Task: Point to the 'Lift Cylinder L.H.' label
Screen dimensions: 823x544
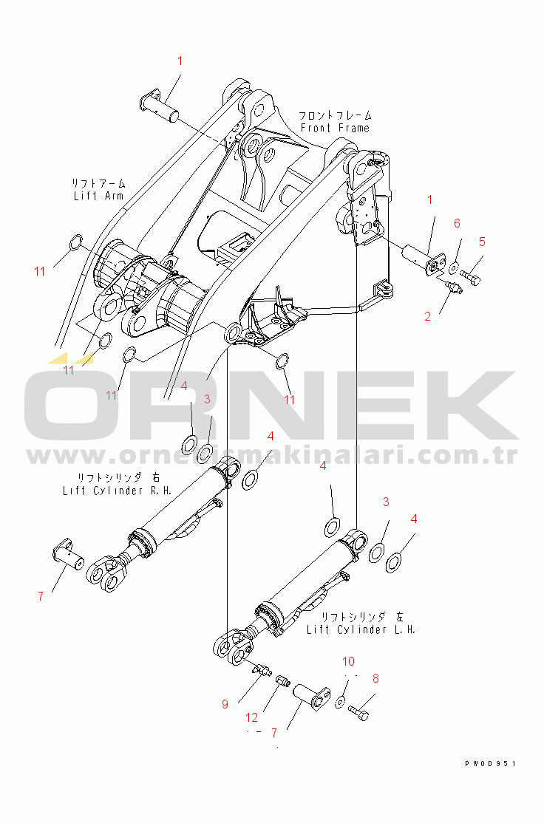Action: (x=361, y=629)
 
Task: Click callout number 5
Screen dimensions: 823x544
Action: (x=482, y=241)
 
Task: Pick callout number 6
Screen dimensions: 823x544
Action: (x=457, y=223)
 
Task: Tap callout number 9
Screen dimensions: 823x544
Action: (x=225, y=704)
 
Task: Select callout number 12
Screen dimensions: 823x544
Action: (x=253, y=717)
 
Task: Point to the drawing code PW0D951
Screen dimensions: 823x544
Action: (x=490, y=763)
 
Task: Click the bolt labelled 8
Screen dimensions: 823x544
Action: (x=358, y=713)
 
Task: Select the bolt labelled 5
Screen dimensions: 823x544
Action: (x=471, y=276)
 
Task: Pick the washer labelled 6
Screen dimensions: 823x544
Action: (x=453, y=265)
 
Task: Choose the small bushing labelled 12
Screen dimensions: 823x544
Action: (x=282, y=680)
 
